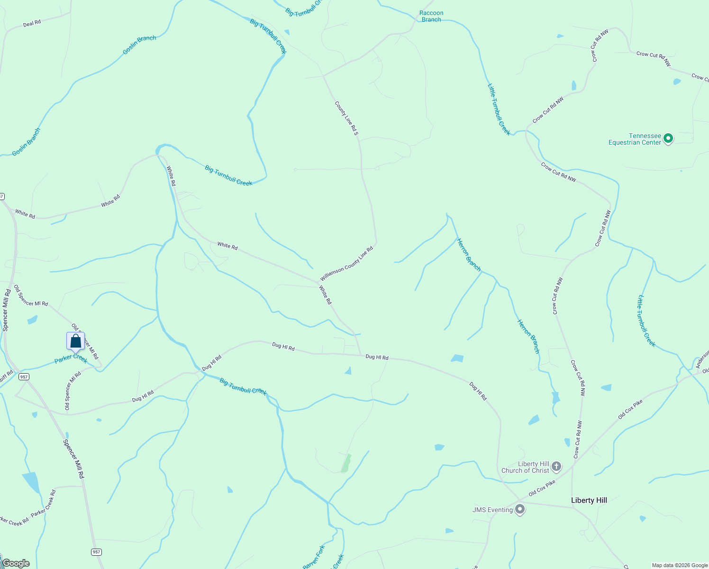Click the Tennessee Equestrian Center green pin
(x=668, y=138)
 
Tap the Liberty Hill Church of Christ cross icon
(x=556, y=467)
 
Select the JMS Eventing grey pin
(x=520, y=510)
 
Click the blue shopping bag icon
(x=76, y=341)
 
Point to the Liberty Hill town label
(x=589, y=500)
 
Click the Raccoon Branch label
(x=431, y=16)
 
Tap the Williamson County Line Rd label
(x=346, y=264)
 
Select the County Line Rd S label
(x=346, y=118)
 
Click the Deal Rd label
(x=32, y=23)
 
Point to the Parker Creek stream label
(x=71, y=358)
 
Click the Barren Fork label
(x=314, y=557)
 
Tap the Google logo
(x=16, y=563)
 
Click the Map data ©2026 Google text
(x=680, y=565)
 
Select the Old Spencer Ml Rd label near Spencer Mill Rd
(x=31, y=296)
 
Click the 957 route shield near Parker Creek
(x=24, y=376)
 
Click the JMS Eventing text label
(x=492, y=510)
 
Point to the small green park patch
(x=346, y=463)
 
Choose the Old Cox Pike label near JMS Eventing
(x=542, y=488)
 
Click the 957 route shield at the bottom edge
(x=96, y=552)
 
